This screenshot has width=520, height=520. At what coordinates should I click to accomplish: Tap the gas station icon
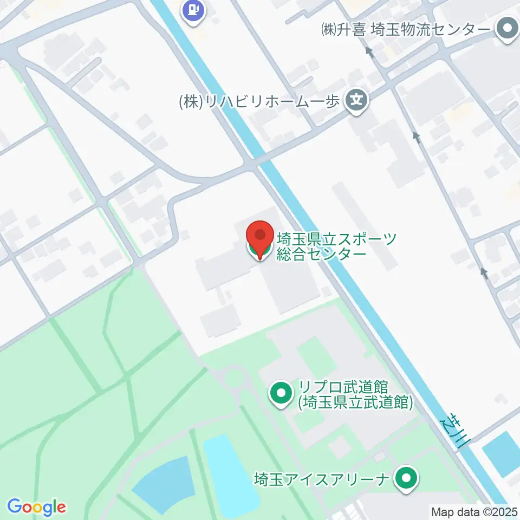pos(194,10)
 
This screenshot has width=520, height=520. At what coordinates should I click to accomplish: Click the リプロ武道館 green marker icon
pos(281,394)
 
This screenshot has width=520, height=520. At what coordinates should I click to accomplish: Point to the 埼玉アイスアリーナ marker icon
pos(406,478)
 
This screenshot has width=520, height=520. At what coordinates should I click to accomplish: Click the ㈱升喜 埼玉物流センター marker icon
pos(508,29)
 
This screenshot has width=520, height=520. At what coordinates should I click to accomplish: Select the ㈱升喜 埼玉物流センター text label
pos(406,29)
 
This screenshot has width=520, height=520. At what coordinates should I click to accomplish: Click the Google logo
pos(36,507)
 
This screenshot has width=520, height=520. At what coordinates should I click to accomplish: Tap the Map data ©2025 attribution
pos(474,511)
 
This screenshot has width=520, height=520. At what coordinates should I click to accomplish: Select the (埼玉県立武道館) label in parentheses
pos(355,402)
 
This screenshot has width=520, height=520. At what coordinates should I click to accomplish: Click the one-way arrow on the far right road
pos(484,274)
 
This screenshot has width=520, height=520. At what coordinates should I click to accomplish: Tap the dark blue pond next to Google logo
pos(162,485)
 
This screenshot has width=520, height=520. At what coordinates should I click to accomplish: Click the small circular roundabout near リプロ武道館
pos(233,377)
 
